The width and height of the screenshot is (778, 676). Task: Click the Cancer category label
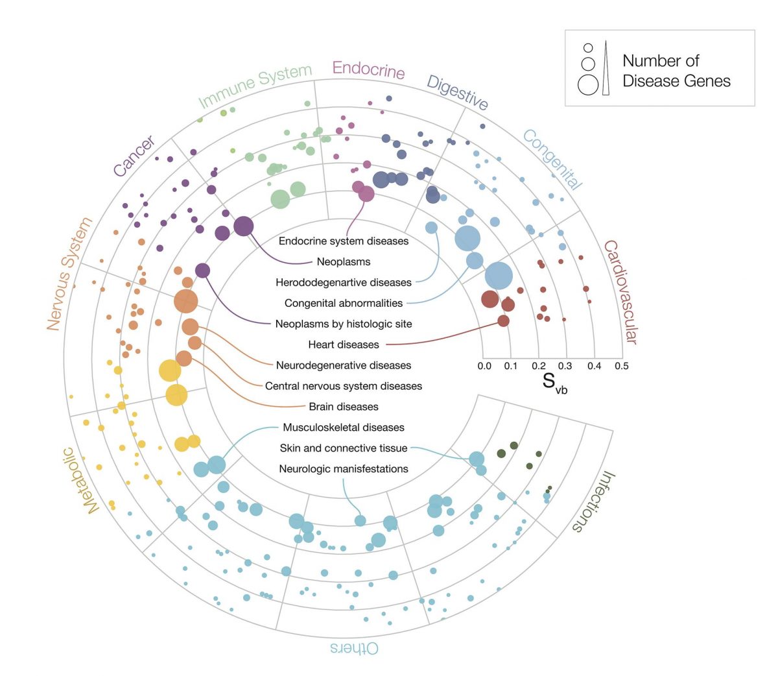pyautogui.click(x=134, y=156)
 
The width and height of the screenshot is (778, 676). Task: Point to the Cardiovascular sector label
pyautogui.click(x=621, y=292)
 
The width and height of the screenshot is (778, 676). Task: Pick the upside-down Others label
pyautogui.click(x=354, y=648)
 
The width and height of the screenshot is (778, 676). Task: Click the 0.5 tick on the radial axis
pyautogui.click(x=621, y=366)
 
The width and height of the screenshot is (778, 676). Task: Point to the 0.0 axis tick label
pyautogui.click(x=484, y=366)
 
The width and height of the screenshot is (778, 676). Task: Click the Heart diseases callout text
pyautogui.click(x=344, y=344)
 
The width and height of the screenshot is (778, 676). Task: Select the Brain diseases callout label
pyautogui.click(x=344, y=407)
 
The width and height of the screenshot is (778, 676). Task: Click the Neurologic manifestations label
pyautogui.click(x=344, y=469)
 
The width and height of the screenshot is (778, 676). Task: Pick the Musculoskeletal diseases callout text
pyautogui.click(x=344, y=428)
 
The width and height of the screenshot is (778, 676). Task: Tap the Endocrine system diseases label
pyautogui.click(x=344, y=241)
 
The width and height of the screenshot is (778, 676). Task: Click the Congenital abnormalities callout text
pyautogui.click(x=344, y=303)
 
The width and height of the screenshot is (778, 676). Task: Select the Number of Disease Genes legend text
pyautogui.click(x=676, y=71)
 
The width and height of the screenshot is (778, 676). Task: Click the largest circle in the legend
pyautogui.click(x=588, y=85)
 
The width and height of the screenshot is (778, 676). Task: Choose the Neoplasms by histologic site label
pyautogui.click(x=344, y=324)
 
